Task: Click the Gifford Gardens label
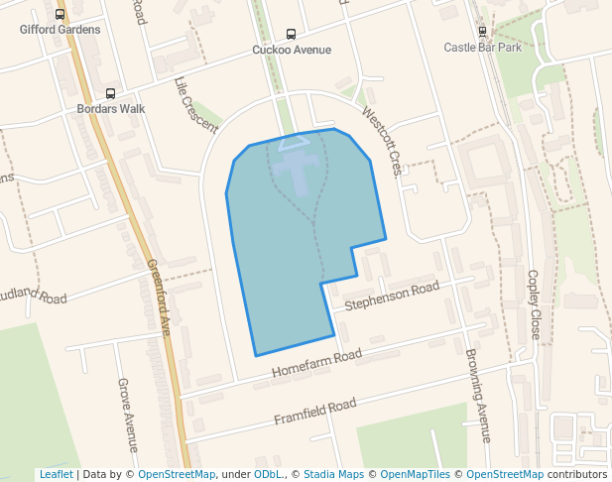[x=61, y=30]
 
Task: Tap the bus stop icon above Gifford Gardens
[x=61, y=15]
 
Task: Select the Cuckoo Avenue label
[x=292, y=50]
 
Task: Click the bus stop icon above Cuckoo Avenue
[x=291, y=34]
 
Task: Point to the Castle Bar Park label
[x=482, y=47]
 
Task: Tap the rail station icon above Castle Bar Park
[x=482, y=31]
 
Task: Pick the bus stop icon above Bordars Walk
[x=110, y=93]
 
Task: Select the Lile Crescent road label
[x=195, y=105]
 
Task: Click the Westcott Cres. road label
[x=381, y=141]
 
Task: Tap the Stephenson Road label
[x=391, y=297]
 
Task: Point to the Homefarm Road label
[x=316, y=365]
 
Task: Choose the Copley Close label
[x=534, y=304]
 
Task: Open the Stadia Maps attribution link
[x=333, y=474]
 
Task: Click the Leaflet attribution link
[x=56, y=474]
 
